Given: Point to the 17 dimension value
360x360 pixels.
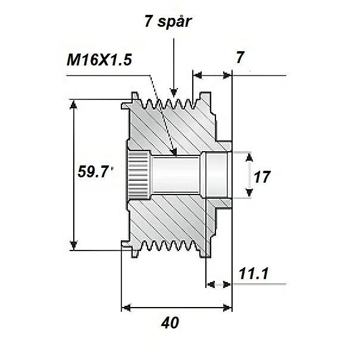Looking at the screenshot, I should [262, 176].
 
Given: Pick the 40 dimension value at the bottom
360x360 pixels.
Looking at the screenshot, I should [170, 323].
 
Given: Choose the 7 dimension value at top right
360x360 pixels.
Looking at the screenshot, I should [240, 57].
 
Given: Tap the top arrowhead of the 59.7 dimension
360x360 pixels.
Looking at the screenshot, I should [74, 105].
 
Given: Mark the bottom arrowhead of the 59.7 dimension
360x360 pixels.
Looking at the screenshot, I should [74, 244].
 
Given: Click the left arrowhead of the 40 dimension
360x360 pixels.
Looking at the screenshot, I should [126, 308].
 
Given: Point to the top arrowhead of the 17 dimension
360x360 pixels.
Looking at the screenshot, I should [249, 156].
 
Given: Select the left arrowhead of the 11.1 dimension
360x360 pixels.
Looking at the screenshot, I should [210, 284].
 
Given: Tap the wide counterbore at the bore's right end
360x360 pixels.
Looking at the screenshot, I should [217, 174].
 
